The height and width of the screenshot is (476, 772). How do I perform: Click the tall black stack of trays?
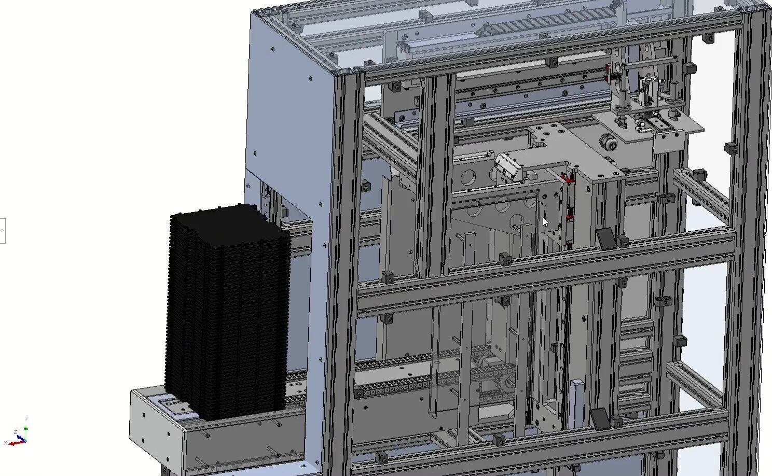[228, 311]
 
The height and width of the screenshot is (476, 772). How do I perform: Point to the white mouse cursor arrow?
[545, 222]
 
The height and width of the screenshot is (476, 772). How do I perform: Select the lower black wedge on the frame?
[599, 418]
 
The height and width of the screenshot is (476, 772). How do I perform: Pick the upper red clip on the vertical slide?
[569, 179]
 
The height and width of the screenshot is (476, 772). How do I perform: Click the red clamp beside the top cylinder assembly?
[607, 73]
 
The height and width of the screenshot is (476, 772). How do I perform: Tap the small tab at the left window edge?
[2, 231]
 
